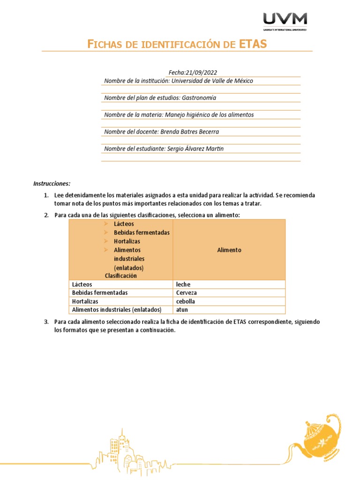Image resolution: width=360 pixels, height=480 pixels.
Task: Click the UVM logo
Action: [x=285, y=20]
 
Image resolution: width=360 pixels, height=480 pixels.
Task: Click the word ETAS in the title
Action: [x=253, y=45]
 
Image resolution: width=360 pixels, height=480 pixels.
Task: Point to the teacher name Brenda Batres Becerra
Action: [x=189, y=132]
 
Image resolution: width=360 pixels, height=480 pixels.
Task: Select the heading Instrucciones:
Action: [x=52, y=183]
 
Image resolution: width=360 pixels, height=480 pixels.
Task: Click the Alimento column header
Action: [x=229, y=250]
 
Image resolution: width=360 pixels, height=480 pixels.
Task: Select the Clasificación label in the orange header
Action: [x=121, y=276]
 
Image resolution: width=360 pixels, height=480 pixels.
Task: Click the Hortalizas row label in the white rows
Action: [x=85, y=301]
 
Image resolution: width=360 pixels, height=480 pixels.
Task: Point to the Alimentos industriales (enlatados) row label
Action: [x=117, y=310]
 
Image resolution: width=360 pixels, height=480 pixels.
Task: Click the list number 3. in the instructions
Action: [x=46, y=322]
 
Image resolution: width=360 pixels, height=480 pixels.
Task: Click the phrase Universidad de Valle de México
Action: [x=212, y=81]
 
